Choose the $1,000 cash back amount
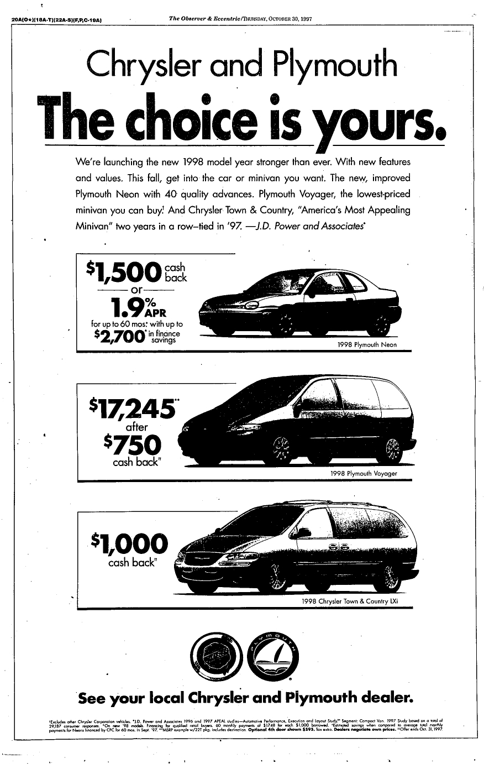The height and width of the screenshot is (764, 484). coord(130,545)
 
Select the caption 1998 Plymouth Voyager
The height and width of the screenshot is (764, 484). coord(363,474)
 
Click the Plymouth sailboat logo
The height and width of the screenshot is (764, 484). coord(275,657)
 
